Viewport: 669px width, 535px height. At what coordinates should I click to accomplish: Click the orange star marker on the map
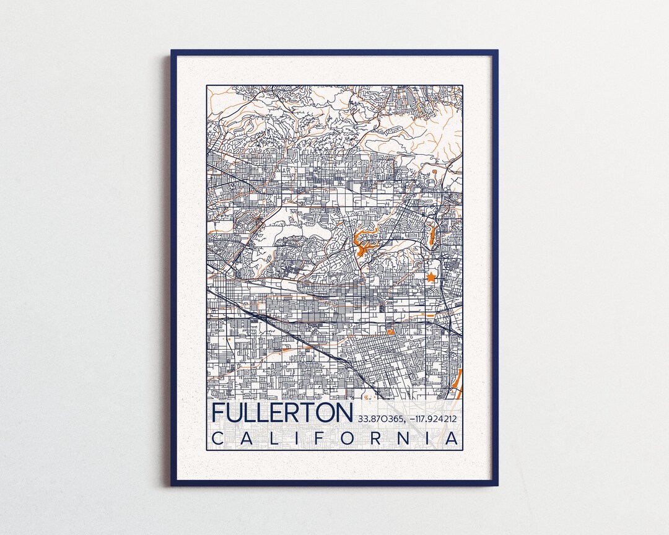point(431,277)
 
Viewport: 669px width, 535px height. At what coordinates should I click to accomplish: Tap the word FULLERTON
point(282,413)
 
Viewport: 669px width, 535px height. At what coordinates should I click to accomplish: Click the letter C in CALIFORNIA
point(218,438)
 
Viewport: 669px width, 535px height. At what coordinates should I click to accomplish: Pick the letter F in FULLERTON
point(219,413)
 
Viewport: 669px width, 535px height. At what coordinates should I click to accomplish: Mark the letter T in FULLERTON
point(304,413)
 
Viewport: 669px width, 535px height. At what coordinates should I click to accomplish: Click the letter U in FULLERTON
point(236,413)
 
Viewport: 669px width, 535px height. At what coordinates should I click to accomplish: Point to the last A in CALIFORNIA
point(453,438)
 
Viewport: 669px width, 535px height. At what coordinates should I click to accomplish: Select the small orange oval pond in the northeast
point(434,170)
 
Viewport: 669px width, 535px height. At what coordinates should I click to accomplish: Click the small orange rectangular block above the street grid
point(390,332)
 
